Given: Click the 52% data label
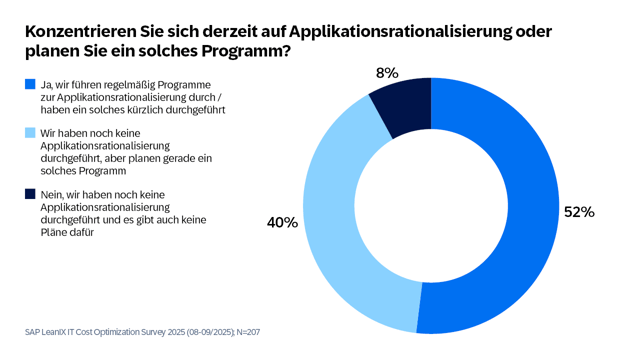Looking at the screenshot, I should coord(579,212).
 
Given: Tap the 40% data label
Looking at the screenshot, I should coord(282,222).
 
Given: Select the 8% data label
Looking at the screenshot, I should coord(387,72).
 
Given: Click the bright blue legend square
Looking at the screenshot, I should coord(29,85).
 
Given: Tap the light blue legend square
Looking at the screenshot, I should coord(29,133).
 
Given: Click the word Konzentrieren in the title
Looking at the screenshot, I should coord(78,31).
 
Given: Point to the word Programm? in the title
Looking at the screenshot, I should coord(241,52).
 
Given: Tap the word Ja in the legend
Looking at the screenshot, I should coord(46,85).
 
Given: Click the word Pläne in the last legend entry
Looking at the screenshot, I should coord(54,232).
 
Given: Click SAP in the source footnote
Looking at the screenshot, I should coord(34,331).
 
